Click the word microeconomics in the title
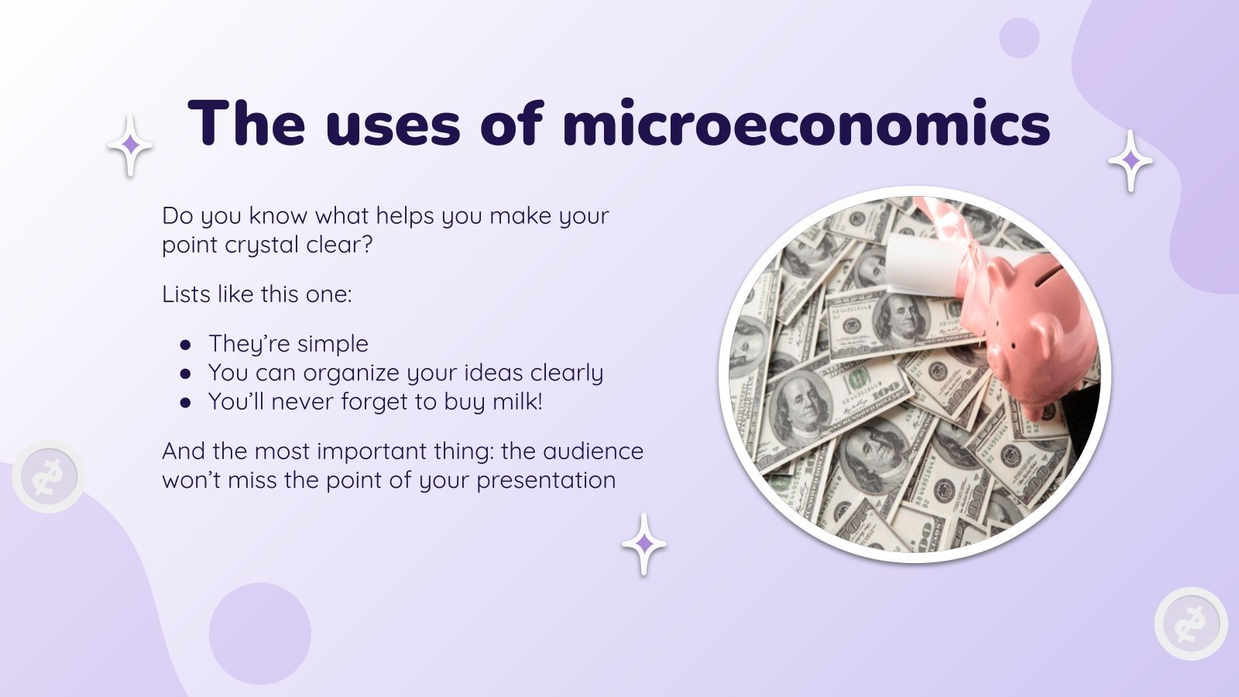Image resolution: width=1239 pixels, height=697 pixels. tap(805, 124)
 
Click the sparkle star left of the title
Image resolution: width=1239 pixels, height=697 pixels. tap(130, 145)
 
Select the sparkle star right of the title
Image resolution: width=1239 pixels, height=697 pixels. tap(1131, 160)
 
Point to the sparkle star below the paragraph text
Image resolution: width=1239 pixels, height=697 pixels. tap(644, 544)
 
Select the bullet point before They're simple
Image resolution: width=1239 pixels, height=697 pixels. tap(185, 345)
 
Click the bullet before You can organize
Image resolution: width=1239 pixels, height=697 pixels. tap(185, 373)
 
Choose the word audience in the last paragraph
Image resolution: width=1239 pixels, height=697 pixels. tap(593, 451)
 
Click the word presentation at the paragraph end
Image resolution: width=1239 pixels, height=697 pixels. tap(546, 480)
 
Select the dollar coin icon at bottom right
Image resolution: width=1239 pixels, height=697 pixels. tap(1191, 623)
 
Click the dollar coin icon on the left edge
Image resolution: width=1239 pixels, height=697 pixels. tap(48, 476)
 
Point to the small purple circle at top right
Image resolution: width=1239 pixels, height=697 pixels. tap(1019, 37)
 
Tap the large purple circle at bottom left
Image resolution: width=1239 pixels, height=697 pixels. tap(260, 633)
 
